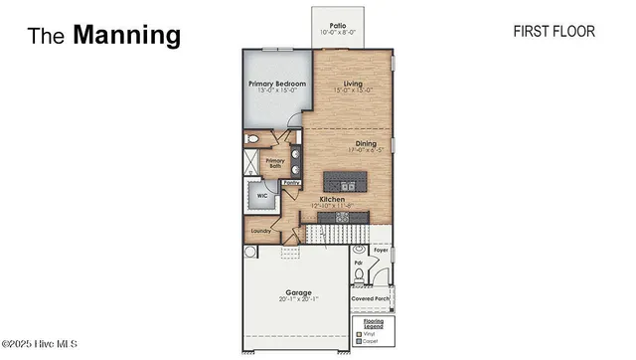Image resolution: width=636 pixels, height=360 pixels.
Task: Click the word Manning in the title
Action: (126, 36)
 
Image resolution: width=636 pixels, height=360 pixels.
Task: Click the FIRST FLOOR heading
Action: (554, 32)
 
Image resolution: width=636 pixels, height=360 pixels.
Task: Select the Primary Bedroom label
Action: (276, 85)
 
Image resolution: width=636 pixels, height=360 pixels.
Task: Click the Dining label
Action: (366, 144)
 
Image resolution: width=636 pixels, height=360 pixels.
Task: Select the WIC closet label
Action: (262, 196)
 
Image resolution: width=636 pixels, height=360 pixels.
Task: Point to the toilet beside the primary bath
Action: (252, 140)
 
